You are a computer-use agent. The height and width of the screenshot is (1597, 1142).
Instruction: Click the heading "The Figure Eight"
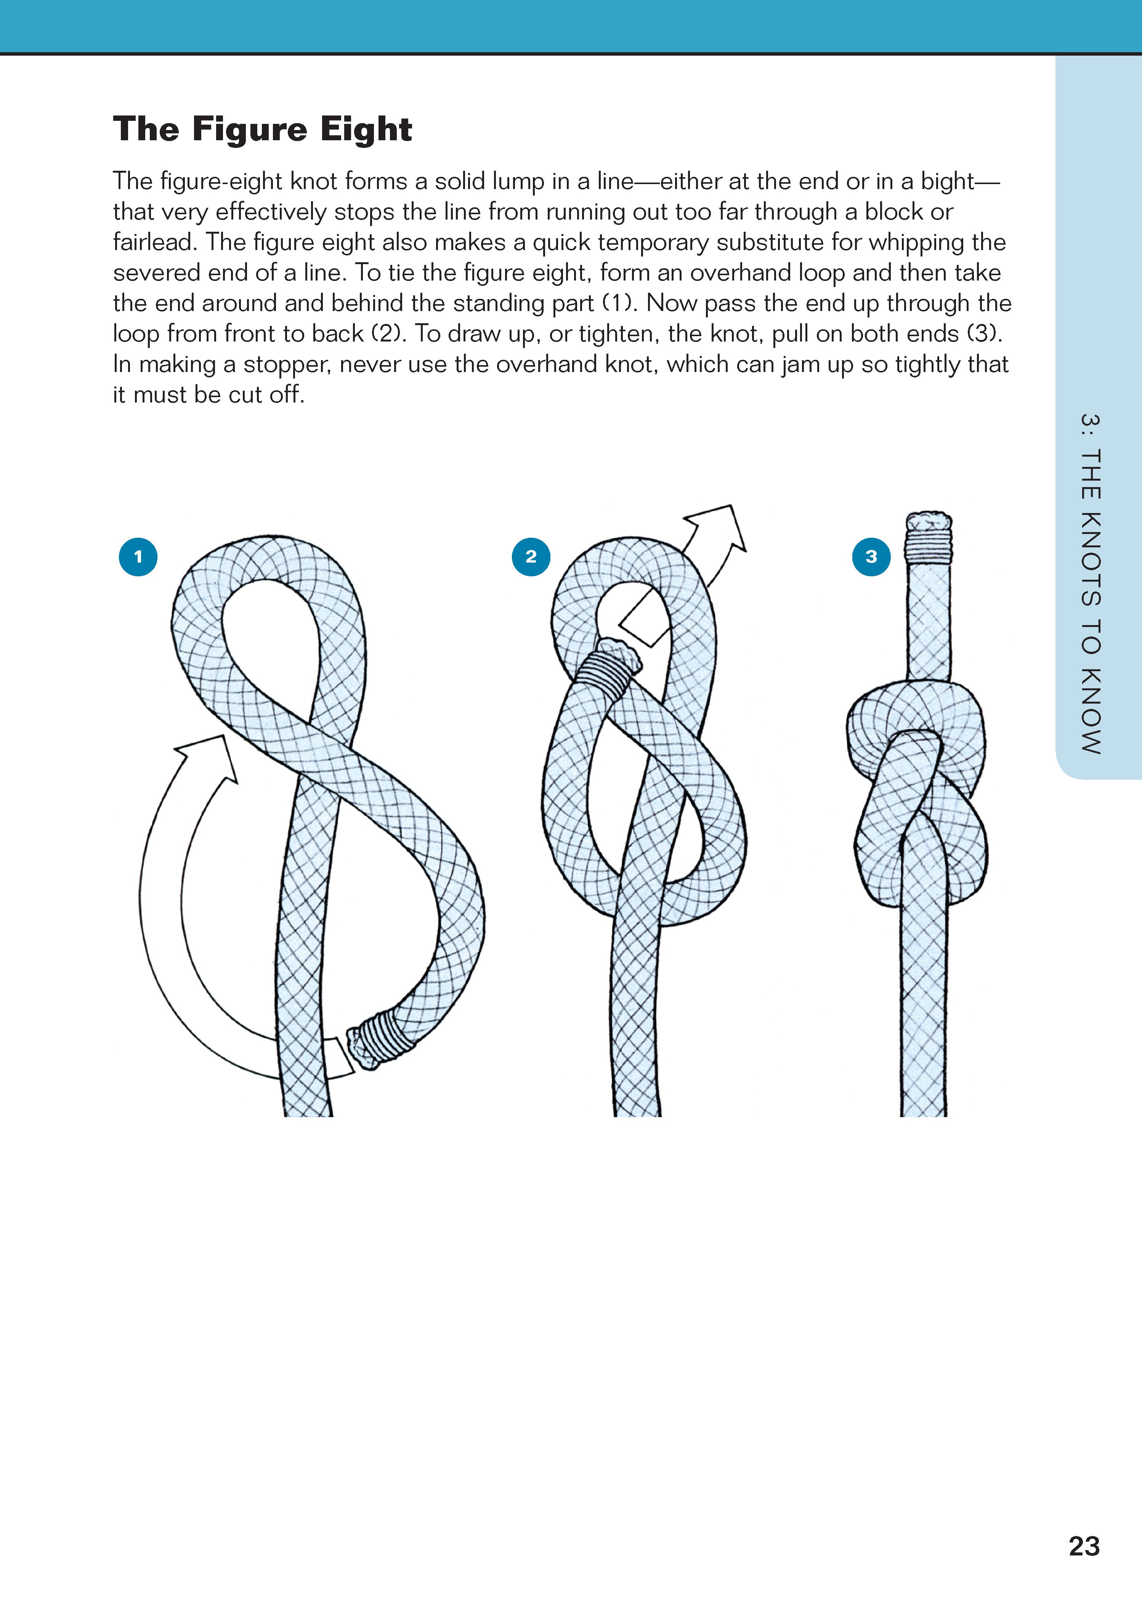tap(262, 129)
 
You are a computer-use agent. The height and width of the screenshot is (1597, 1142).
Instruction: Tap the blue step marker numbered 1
tap(138, 557)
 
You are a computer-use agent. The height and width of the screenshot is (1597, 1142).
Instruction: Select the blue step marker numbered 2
tap(531, 557)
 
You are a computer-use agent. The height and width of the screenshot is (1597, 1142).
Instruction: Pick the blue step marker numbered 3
tap(871, 557)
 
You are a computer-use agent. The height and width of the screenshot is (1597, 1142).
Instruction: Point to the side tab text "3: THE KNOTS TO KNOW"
tap(1090, 584)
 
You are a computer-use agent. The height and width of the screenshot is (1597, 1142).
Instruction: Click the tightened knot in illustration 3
tap(918, 795)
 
